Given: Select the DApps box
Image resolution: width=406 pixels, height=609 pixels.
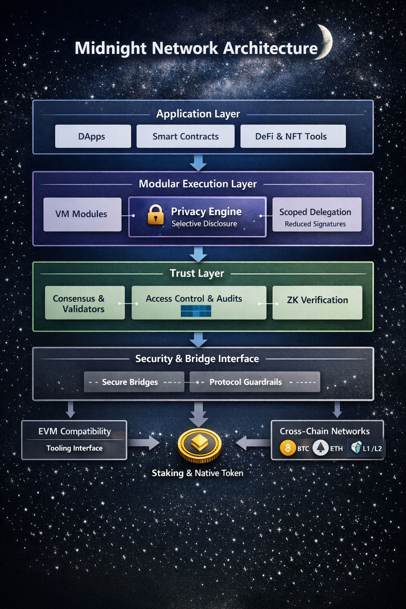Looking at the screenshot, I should point(93,136).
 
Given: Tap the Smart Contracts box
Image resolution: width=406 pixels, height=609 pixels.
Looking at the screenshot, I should point(186,136).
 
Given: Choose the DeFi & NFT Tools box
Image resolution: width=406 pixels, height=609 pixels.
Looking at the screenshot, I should point(293,136).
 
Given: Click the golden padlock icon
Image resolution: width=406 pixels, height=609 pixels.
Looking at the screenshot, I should point(155,215).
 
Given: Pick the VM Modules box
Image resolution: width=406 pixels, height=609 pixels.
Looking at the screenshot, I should point(82,214).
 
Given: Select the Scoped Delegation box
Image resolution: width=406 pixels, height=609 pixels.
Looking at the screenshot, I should point(316,214).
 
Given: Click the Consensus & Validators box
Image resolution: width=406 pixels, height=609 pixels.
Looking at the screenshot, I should point(84,303).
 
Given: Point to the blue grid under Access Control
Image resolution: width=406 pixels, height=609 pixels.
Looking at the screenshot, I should point(196,311).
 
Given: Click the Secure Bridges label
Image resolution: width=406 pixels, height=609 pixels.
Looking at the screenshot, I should point(130,382).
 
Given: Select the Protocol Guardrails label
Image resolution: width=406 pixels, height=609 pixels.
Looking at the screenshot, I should point(246,382).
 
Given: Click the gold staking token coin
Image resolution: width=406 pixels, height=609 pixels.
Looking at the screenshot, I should point(199,445).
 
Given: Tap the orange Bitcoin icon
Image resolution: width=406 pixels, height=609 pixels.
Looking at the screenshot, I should point(288,448).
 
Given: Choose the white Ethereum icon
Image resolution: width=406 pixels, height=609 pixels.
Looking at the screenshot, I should point(320,448).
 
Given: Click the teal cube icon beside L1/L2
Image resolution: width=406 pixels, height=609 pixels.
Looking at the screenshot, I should point(356,447).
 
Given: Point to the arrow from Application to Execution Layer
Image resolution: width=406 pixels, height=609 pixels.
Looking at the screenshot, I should point(198,163).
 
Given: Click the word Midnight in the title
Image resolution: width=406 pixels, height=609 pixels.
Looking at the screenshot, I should point(111,48).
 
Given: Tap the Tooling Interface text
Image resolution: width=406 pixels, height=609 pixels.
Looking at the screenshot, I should point(75,448).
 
